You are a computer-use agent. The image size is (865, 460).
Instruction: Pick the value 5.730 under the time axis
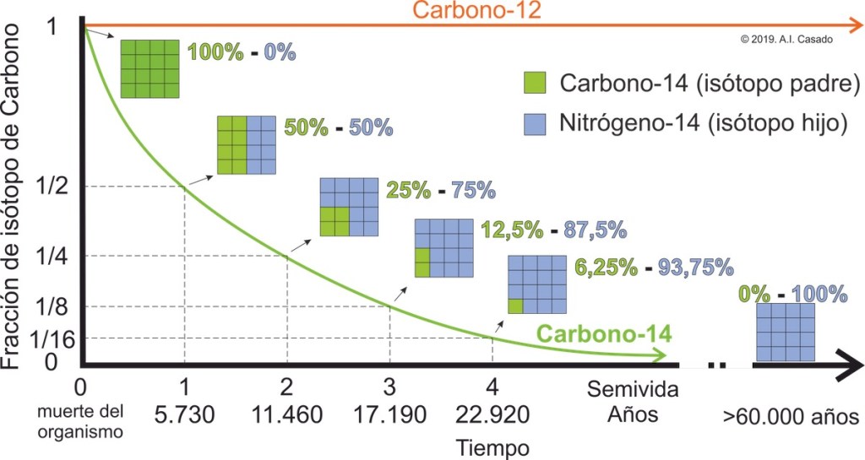click(183, 415)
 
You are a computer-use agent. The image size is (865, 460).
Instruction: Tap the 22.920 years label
click(492, 415)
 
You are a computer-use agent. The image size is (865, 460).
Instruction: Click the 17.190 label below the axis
click(389, 415)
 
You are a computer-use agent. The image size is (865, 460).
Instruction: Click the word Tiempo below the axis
click(491, 446)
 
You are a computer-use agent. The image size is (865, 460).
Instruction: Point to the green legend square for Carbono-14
click(536, 83)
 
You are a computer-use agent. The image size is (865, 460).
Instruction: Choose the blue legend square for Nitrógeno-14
click(536, 123)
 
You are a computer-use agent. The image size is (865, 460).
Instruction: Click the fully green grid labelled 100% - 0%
click(150, 68)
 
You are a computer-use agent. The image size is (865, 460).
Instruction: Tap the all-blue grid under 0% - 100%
click(785, 333)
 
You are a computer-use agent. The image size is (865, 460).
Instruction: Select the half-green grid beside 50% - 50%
click(246, 144)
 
